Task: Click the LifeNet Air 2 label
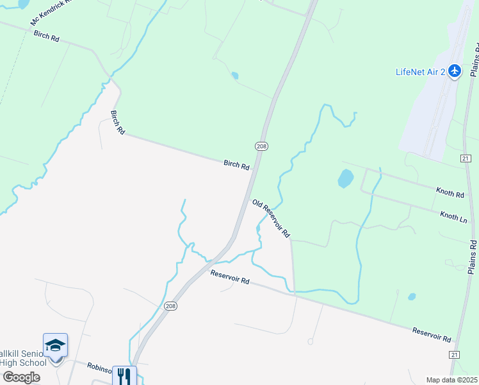pyautogui.click(x=420, y=71)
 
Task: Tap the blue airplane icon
pyautogui.click(x=455, y=71)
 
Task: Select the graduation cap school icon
pyautogui.click(x=55, y=346)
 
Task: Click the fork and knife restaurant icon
pyautogui.click(x=124, y=376)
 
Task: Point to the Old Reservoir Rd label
pyautogui.click(x=272, y=218)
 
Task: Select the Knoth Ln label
pyautogui.click(x=453, y=217)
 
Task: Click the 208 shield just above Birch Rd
pyautogui.click(x=261, y=146)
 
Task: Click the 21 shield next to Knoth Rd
pyautogui.click(x=466, y=158)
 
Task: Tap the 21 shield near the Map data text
pyautogui.click(x=454, y=354)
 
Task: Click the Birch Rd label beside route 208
pyautogui.click(x=236, y=165)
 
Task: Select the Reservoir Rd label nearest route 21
pyautogui.click(x=432, y=334)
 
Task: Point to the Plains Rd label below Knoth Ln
pyautogui.click(x=473, y=257)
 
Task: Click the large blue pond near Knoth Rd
pyautogui.click(x=345, y=178)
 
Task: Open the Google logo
pyautogui.click(x=20, y=377)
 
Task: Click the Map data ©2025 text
pyautogui.click(x=451, y=380)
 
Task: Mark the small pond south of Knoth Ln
pyautogui.click(x=412, y=296)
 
